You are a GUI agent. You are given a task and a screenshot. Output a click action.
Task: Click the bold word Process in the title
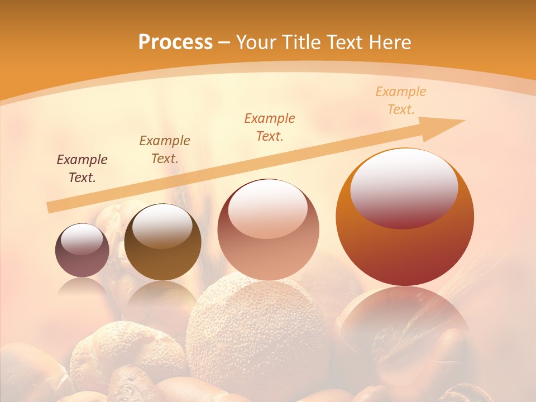click(x=175, y=42)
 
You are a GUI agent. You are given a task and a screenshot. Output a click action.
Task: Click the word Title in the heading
click(x=302, y=42)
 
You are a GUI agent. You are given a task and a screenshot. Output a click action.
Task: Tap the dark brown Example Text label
click(x=82, y=169)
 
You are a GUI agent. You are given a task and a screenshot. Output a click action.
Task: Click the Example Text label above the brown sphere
click(x=165, y=150)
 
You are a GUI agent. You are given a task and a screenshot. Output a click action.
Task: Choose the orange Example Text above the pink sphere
click(x=270, y=127)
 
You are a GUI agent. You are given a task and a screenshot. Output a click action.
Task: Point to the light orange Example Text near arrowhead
click(x=401, y=100)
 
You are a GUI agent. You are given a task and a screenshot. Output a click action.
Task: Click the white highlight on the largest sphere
click(x=404, y=188)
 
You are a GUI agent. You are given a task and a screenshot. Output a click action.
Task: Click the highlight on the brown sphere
click(x=162, y=226)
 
